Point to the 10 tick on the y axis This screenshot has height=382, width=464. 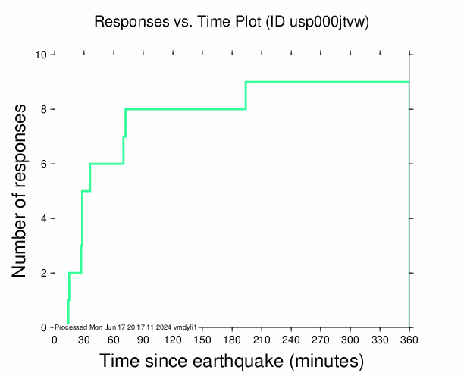click(x=42, y=55)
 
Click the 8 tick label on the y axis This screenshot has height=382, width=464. click(x=44, y=109)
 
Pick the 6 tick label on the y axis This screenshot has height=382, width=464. click(x=44, y=164)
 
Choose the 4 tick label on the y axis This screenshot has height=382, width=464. click(x=44, y=218)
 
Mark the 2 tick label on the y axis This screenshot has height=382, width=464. click(x=44, y=273)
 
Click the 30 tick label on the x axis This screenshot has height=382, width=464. click(x=83, y=340)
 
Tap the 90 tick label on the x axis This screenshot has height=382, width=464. click(x=143, y=340)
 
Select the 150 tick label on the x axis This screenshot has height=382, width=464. click(x=202, y=340)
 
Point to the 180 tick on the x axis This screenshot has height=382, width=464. click(x=231, y=340)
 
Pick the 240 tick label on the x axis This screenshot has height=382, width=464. click(x=290, y=340)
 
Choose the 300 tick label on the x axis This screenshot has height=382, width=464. click(x=350, y=340)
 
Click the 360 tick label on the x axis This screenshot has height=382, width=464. click(x=409, y=340)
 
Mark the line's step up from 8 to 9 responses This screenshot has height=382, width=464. click(x=246, y=95)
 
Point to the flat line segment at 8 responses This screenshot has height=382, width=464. click(x=186, y=109)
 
